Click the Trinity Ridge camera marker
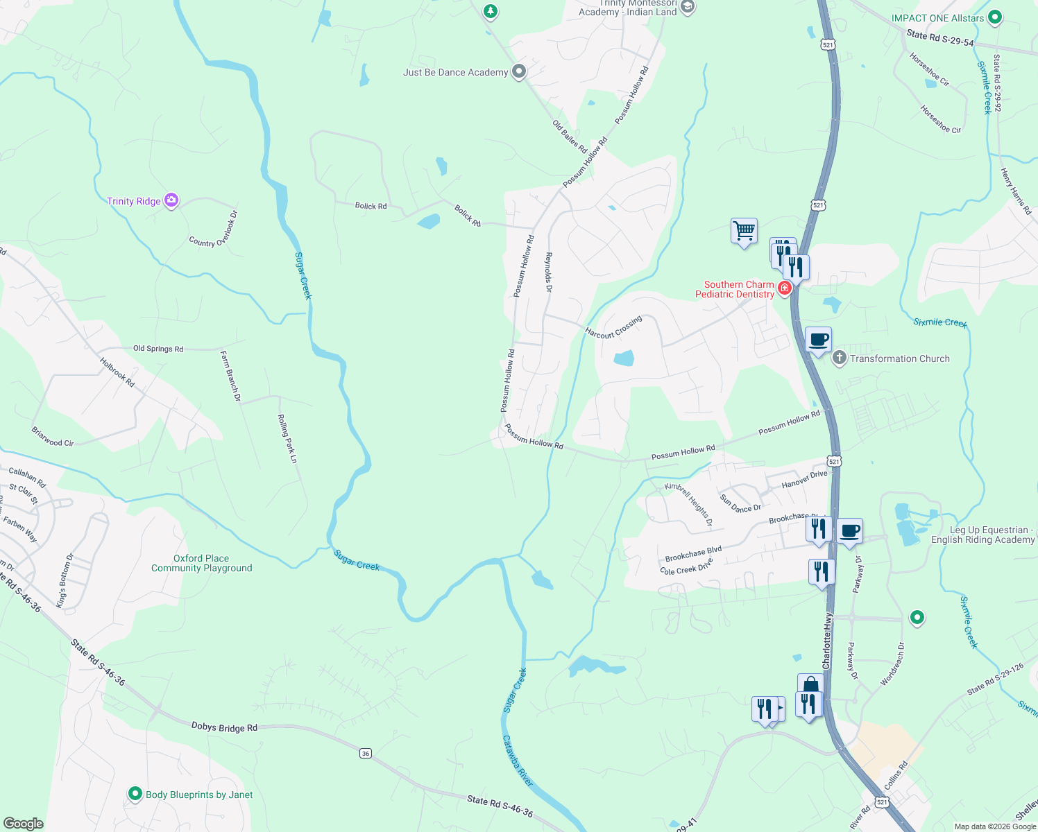coord(171,201)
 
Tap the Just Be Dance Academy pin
coord(518,72)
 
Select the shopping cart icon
coord(744,230)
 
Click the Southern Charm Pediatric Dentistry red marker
coord(785,288)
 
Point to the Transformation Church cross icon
coord(839,358)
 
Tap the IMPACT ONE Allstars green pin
coord(995,18)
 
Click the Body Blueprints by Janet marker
coord(135,795)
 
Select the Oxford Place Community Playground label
coord(201,563)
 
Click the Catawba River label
coord(518,761)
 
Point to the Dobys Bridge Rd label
coord(224,727)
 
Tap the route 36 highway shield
coord(366,753)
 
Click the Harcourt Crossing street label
coord(613,327)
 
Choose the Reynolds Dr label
coord(548,272)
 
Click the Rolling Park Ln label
coord(287,439)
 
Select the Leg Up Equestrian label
coord(982,535)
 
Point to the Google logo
coord(23,823)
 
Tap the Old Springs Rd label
coord(158,349)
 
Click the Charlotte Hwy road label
coord(827,641)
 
